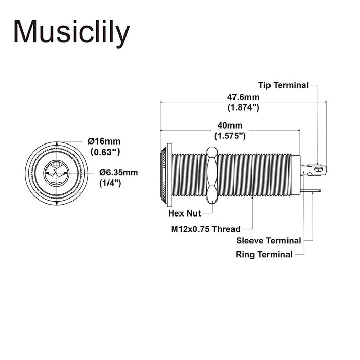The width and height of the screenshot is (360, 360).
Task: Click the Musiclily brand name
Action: pos(71,32)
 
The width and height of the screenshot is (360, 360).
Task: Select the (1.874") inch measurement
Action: pos(243,107)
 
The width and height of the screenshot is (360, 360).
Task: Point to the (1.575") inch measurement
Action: pos(229,136)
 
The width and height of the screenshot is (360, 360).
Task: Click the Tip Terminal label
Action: pos(283,85)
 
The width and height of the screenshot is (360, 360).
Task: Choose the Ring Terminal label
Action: pos(264,254)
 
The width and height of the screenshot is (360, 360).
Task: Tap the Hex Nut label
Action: pos(184,213)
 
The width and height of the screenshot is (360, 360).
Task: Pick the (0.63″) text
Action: pos(105,152)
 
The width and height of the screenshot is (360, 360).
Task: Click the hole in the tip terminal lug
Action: pos(318,168)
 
